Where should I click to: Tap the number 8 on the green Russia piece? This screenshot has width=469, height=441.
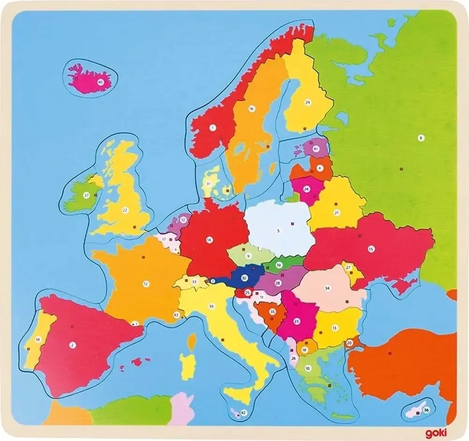coord(421,137)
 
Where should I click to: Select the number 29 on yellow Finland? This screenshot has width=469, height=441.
coord(308,102)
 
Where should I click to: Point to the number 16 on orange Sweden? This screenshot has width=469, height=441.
coord(251,109)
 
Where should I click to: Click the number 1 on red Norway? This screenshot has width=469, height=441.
coord(212,127)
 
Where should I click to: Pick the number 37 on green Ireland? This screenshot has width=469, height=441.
coord(86,194)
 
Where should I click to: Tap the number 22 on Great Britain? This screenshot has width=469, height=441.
coord(125,210)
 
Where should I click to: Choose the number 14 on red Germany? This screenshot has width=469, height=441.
coord(209,239)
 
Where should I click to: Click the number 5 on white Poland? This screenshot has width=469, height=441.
coord(278,231)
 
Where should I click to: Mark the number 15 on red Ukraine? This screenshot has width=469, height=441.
coord(371,248)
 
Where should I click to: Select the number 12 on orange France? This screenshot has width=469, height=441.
coord(146,283)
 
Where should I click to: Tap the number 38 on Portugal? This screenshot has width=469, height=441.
coord(38,339)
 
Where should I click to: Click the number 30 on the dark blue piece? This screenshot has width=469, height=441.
coord(244,277)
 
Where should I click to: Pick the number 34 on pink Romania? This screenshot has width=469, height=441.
coord(327,288)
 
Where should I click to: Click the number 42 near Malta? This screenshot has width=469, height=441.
coord(243,412)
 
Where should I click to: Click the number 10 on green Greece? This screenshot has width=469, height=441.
coord(308,368)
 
